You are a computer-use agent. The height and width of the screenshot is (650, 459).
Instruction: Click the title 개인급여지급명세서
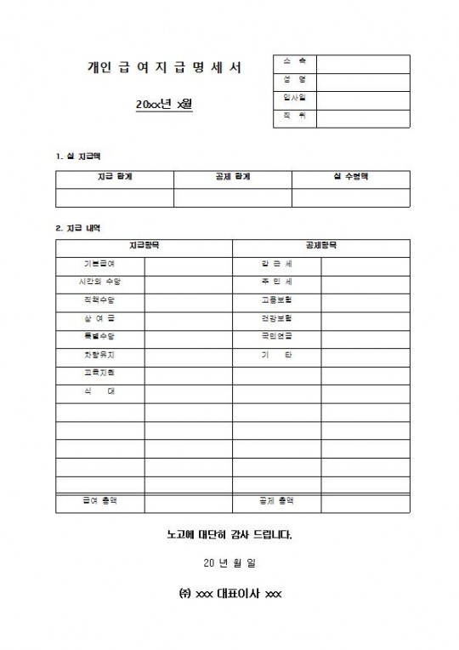point(164,67)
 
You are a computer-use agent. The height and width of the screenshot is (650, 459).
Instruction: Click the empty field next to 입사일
point(364,99)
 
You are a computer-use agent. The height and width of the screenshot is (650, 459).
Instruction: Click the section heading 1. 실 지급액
point(78,156)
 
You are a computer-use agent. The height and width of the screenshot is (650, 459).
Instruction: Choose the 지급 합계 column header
point(115,179)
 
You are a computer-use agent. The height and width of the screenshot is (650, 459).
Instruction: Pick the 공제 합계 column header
point(233,179)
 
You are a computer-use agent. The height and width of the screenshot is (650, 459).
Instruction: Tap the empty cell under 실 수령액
point(351,197)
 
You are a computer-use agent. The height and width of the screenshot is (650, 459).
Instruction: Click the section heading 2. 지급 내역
point(78,227)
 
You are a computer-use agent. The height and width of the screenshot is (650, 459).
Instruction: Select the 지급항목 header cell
point(144,246)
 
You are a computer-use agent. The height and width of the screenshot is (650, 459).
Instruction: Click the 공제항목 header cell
point(321,246)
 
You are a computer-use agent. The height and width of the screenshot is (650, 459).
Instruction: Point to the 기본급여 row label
point(99,264)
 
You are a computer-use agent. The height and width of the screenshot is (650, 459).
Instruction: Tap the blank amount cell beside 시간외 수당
point(188,282)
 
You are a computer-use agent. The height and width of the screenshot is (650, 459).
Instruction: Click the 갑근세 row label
point(276,264)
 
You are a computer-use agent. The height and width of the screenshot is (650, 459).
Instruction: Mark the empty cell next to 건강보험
point(365,317)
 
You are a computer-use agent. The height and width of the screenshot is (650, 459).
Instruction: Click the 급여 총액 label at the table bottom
point(99,501)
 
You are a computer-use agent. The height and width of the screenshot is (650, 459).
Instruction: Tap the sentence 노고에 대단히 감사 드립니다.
point(229,536)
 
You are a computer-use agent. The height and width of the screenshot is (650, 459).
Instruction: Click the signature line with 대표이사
point(229,593)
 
